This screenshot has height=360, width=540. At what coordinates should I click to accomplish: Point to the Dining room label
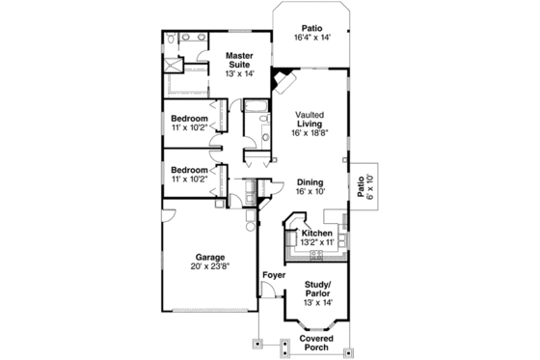310,182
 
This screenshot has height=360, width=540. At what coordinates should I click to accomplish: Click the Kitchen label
317,234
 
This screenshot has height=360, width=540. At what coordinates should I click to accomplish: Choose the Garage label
210,257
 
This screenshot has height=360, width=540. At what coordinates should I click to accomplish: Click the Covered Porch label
316,344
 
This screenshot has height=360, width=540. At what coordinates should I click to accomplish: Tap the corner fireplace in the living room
282,80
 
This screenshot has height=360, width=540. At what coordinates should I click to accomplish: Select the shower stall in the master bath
175,65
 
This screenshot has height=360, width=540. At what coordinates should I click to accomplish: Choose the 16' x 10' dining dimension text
310,192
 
